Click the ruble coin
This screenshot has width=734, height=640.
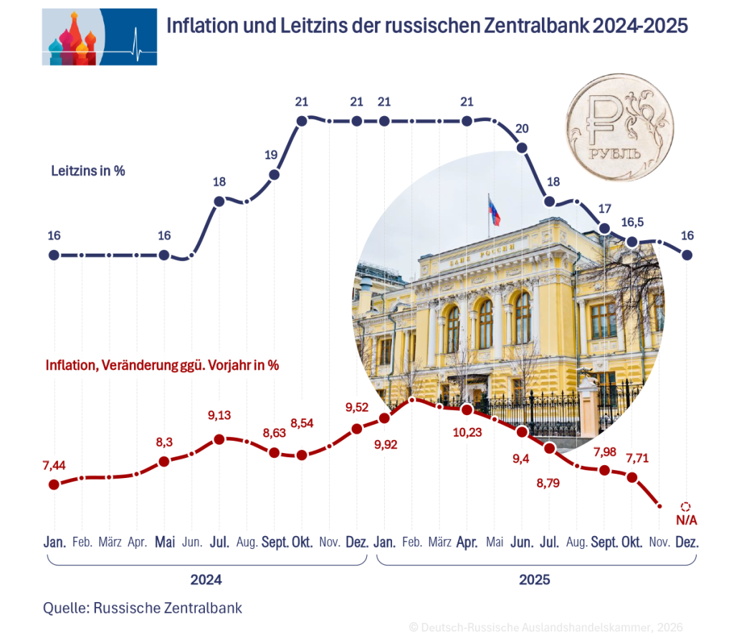point(619,128)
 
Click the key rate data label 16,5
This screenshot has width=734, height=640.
point(631,223)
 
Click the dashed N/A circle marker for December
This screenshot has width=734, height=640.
point(686,506)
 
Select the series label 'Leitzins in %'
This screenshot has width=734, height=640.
point(88,172)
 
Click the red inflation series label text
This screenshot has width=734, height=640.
point(162,365)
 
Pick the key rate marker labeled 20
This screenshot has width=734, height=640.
point(522,148)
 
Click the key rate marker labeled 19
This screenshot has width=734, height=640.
point(274,175)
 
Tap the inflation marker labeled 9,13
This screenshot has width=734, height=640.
point(219,439)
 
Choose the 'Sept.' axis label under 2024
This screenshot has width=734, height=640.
point(274,542)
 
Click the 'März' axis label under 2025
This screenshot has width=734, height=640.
point(439,542)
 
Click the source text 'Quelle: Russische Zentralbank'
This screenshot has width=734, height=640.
point(143,608)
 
